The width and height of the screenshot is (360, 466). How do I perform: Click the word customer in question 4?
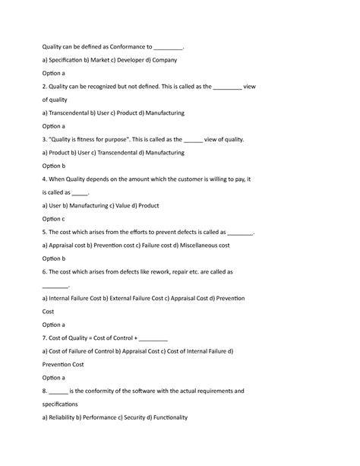pyautogui.click(x=178, y=179)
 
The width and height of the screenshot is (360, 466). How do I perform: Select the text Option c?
pyautogui.click(x=54, y=219)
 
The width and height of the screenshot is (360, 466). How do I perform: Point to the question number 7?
pyautogui.click(x=44, y=338)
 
